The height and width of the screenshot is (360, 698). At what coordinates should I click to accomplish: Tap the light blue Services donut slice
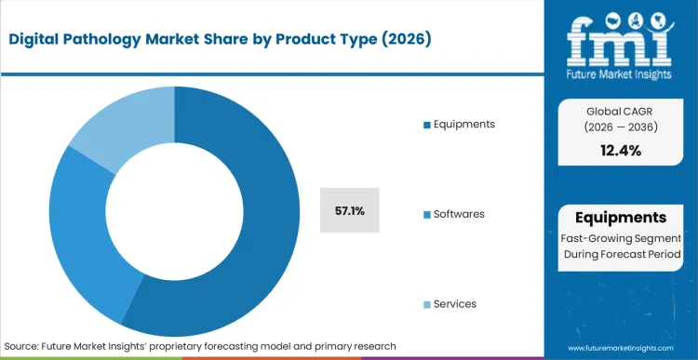point(121,121)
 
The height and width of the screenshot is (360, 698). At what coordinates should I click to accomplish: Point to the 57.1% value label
point(349,211)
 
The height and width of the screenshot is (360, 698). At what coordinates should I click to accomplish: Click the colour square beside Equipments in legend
point(426,125)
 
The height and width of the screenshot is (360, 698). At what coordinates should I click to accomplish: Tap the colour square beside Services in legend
point(426,305)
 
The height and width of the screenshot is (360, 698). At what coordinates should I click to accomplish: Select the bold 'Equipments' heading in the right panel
point(620,218)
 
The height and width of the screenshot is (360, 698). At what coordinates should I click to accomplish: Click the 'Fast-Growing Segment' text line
point(620,238)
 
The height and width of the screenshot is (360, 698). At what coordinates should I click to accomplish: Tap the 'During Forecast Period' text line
point(620,255)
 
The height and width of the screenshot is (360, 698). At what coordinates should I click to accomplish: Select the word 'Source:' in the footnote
point(22,346)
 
